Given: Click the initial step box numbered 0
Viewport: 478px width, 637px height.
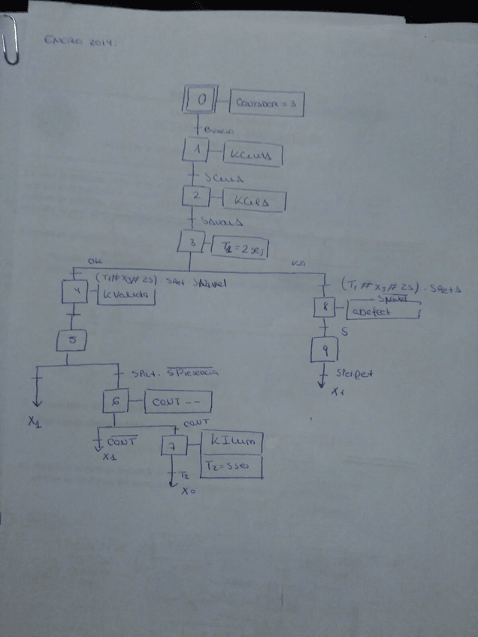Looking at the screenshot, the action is tap(201, 100).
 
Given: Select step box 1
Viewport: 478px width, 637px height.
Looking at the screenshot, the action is tap(196, 151).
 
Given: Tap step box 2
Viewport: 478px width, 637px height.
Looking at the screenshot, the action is tap(196, 197).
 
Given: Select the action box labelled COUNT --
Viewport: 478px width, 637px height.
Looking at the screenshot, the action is tap(177, 403).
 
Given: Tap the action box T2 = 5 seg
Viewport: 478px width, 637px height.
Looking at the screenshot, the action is tap(231, 467).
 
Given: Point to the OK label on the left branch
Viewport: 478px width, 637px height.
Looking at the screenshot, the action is tap(95, 260).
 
